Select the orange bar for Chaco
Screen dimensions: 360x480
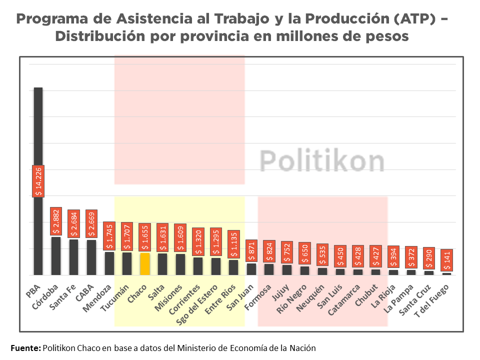145,263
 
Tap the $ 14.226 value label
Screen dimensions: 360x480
38,181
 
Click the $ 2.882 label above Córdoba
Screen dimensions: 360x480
56,221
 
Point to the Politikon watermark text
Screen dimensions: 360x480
322,161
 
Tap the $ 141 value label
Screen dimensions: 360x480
447,260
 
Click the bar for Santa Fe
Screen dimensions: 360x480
73,257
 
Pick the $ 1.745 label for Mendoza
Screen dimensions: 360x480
109,236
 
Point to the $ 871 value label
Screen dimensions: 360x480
251,251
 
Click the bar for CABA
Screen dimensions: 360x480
91,257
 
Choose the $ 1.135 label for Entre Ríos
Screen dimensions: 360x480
233,244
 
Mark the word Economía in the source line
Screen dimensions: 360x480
244,347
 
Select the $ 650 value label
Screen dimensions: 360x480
304,253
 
